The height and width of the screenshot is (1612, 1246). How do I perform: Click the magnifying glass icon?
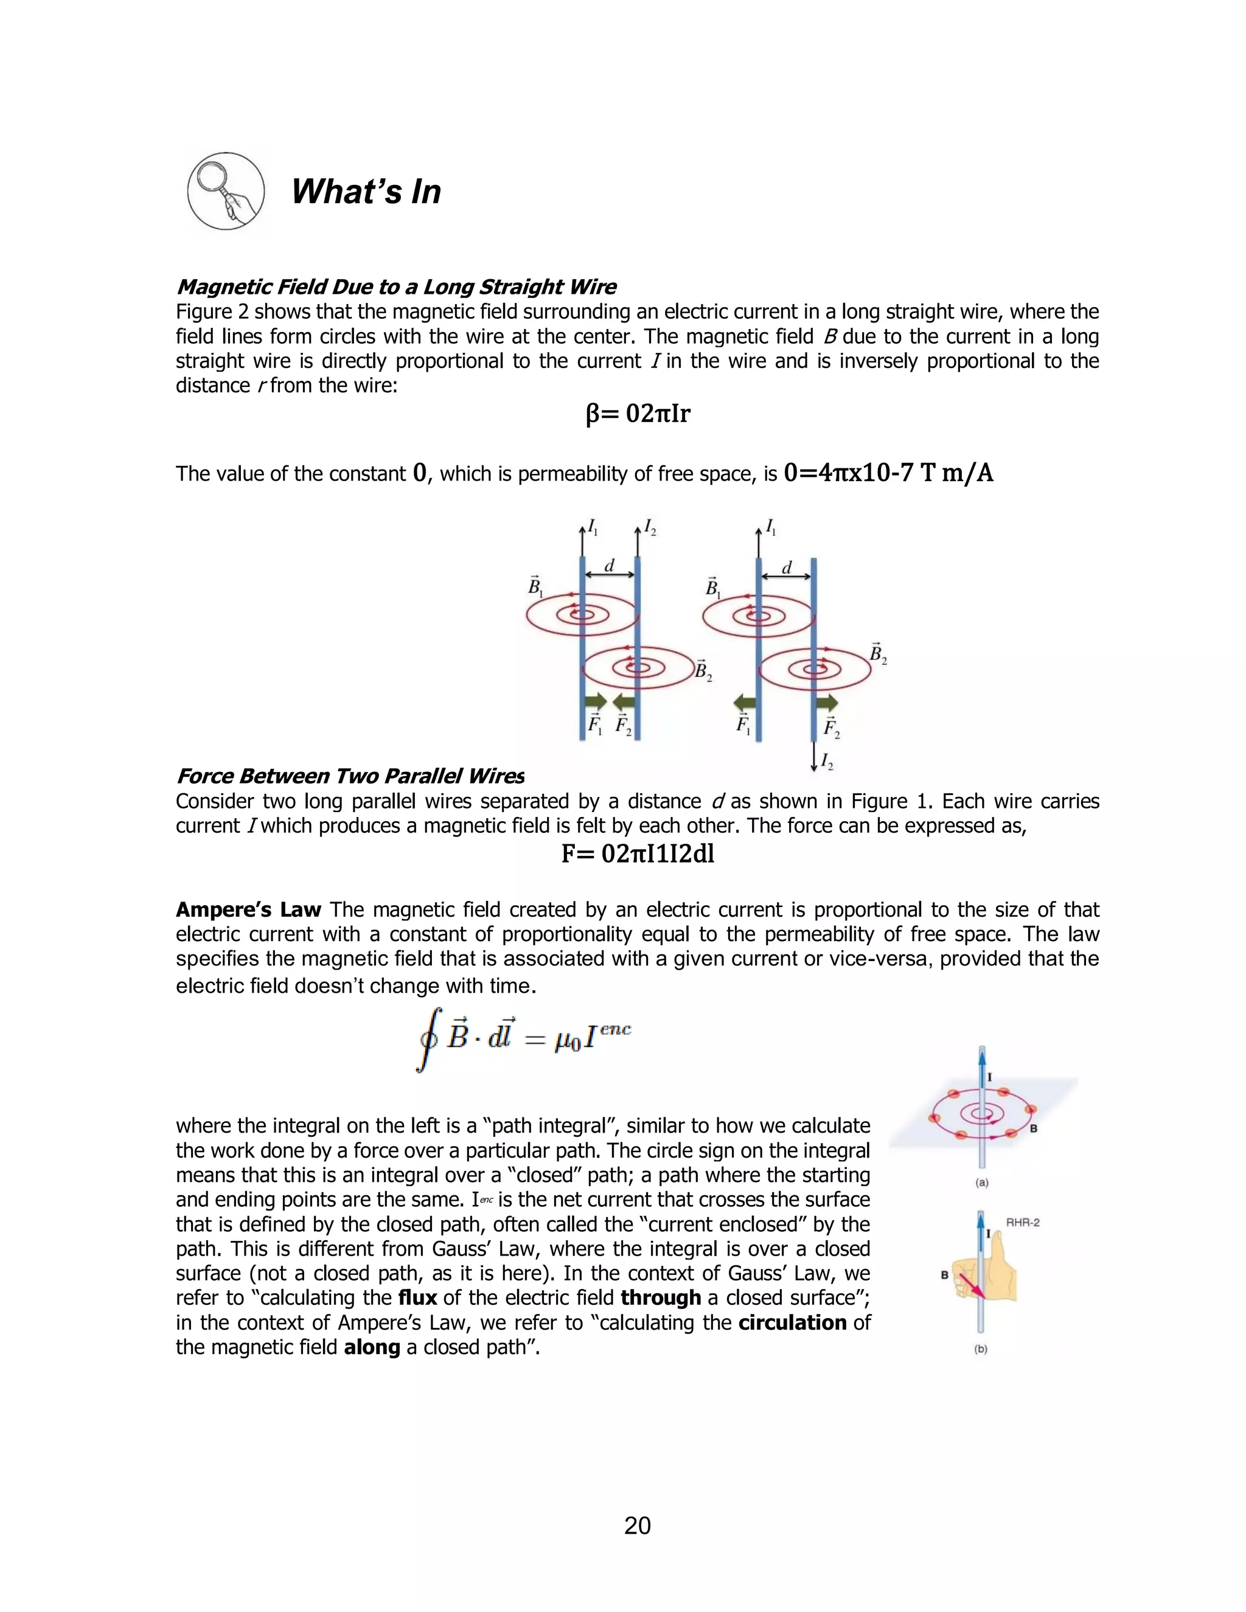[x=226, y=191]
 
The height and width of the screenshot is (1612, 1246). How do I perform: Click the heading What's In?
[x=366, y=192]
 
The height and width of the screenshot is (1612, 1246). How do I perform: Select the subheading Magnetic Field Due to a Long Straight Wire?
[x=397, y=287]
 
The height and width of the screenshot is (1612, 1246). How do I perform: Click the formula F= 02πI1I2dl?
[x=638, y=854]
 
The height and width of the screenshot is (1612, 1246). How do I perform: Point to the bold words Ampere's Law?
[x=248, y=909]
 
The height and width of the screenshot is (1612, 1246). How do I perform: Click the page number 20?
[x=637, y=1525]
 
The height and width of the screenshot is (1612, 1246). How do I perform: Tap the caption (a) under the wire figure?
[x=982, y=1183]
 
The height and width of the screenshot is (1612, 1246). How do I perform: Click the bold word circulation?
[x=792, y=1322]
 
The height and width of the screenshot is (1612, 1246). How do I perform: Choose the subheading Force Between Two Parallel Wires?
[x=350, y=776]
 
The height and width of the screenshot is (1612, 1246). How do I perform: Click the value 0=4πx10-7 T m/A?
[x=888, y=473]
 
